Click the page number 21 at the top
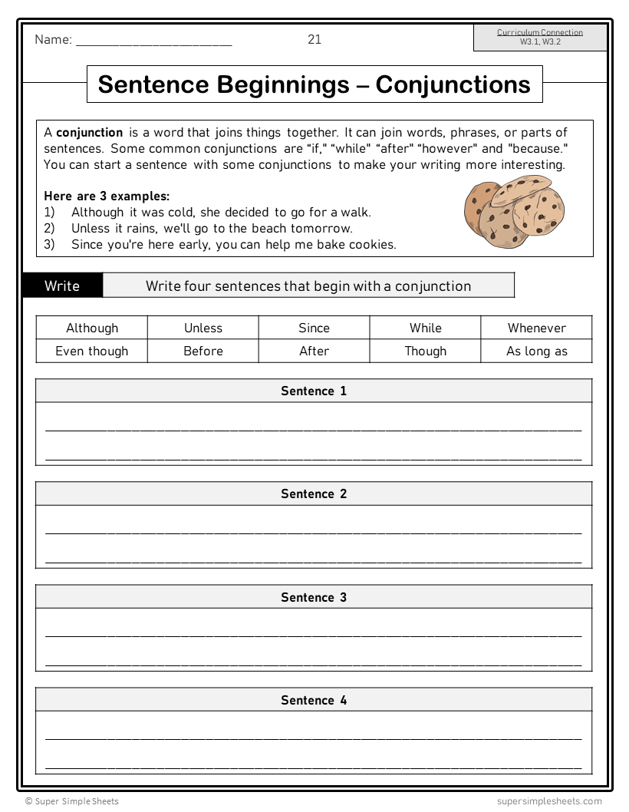coord(314,40)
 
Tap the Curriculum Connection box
coord(539,38)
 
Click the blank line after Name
coord(153,41)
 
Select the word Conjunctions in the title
coord(453,84)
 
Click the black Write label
coord(62,286)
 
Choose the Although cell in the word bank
coord(92,328)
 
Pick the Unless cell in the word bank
coord(203,328)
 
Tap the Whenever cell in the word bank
coord(536,328)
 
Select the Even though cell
coord(92,351)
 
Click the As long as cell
coord(536,351)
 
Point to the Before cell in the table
coord(203,351)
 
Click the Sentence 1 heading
coord(314,391)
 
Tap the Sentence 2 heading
coord(314,493)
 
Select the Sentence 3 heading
coord(314,597)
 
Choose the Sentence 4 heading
coord(314,700)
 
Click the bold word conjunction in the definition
coord(89,133)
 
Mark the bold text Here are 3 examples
coord(107,196)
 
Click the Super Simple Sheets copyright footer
coord(72,801)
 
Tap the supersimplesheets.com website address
coord(549,801)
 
